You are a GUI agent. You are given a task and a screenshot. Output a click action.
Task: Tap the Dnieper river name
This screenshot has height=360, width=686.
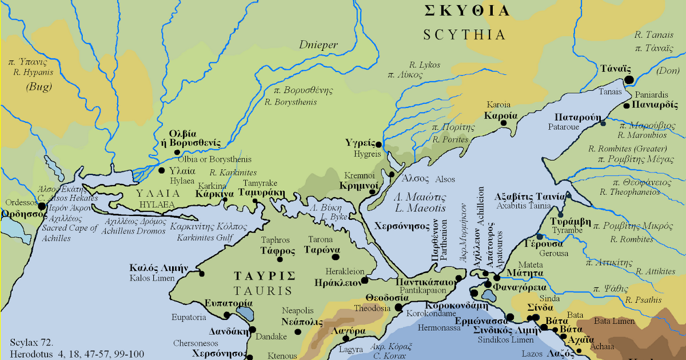click(318, 45)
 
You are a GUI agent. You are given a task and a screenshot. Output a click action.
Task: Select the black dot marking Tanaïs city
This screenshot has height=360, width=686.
click(629, 81)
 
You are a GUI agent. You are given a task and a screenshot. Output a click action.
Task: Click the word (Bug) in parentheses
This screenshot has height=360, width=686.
click(38, 87)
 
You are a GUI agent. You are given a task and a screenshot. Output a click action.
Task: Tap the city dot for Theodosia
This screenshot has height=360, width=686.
click(399, 307)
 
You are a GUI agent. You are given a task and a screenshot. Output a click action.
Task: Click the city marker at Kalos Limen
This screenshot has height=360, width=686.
click(201, 273)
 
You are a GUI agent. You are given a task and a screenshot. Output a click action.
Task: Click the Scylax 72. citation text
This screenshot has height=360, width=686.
click(31, 343)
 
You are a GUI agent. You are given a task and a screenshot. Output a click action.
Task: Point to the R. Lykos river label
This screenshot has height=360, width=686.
click(424, 65)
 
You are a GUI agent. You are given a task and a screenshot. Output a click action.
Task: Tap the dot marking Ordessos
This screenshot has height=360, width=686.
click(41, 205)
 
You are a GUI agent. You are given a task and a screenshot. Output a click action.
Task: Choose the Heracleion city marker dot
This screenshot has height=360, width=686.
click(364, 281)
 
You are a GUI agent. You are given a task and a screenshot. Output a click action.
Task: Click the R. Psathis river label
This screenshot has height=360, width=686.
click(643, 300)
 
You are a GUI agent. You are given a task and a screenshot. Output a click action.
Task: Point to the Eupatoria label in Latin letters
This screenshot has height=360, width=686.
click(190, 317)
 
